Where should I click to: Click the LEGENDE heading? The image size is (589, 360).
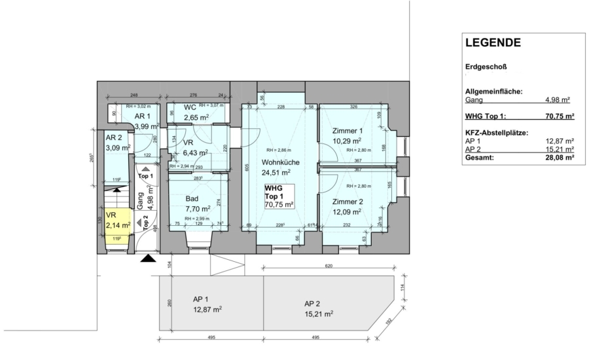tap(492, 43)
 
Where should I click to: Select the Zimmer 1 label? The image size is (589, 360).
tap(347, 130)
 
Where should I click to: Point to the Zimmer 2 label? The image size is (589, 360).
tap(347, 202)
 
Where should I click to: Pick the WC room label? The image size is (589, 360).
tap(190, 107)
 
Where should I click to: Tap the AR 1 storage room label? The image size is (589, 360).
tap(143, 115)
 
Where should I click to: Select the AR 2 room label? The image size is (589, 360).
tap(115, 138)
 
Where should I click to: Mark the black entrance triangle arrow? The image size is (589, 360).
tap(149, 259)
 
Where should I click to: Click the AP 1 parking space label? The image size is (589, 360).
tap(201, 300)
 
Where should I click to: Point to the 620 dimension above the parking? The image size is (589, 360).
tap(328, 267)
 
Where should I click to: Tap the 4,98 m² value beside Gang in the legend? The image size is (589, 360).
tap(558, 100)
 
